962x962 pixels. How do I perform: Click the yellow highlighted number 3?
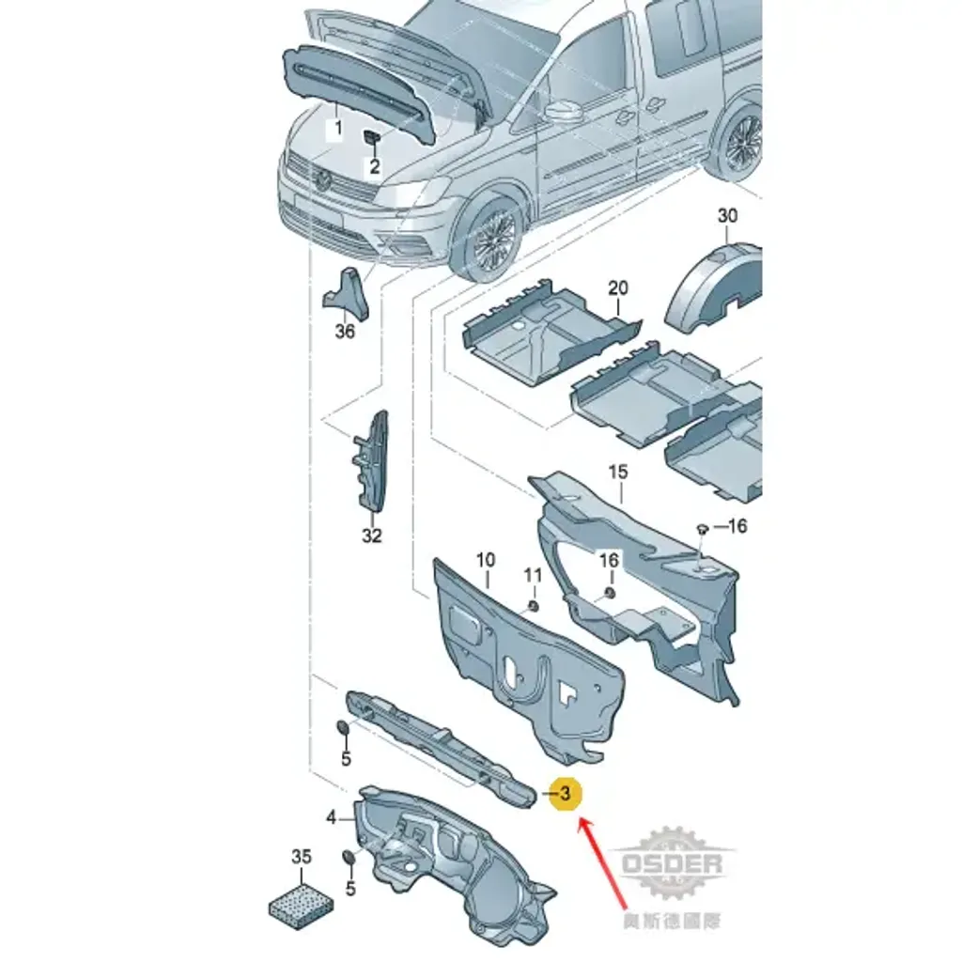(565, 793)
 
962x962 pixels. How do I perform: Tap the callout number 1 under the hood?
(337, 128)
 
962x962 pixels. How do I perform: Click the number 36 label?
(345, 332)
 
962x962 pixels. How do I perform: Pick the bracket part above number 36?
(347, 294)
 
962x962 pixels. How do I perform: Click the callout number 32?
(372, 535)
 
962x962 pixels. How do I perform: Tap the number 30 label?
(727, 215)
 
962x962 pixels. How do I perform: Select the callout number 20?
(618, 287)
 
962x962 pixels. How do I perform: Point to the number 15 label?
(618, 472)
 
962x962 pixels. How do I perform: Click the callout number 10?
(486, 560)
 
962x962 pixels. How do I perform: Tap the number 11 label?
(533, 575)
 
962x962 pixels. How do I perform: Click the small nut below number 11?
(534, 606)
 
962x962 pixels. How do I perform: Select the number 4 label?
(332, 817)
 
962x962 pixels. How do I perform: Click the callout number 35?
(302, 857)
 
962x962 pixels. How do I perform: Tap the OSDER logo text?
(672, 864)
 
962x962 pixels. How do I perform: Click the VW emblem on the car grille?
(323, 180)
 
